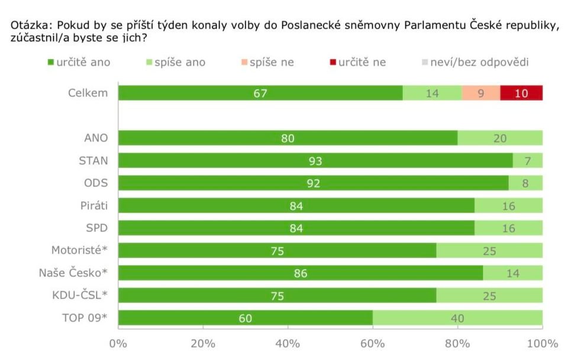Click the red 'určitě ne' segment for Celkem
(521, 93)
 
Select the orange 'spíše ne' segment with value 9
(480, 93)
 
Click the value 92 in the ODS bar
(313, 184)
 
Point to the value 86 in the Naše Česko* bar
(301, 273)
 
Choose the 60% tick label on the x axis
(373, 343)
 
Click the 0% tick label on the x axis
(118, 343)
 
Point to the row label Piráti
(93, 205)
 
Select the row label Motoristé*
(79, 250)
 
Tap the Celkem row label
(88, 93)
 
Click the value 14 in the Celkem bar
(432, 93)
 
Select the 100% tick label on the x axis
(542, 343)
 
